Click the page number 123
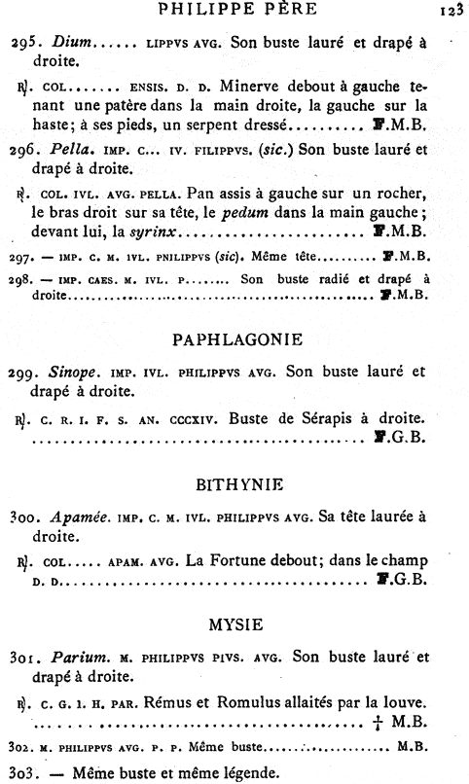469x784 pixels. [x=449, y=11]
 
